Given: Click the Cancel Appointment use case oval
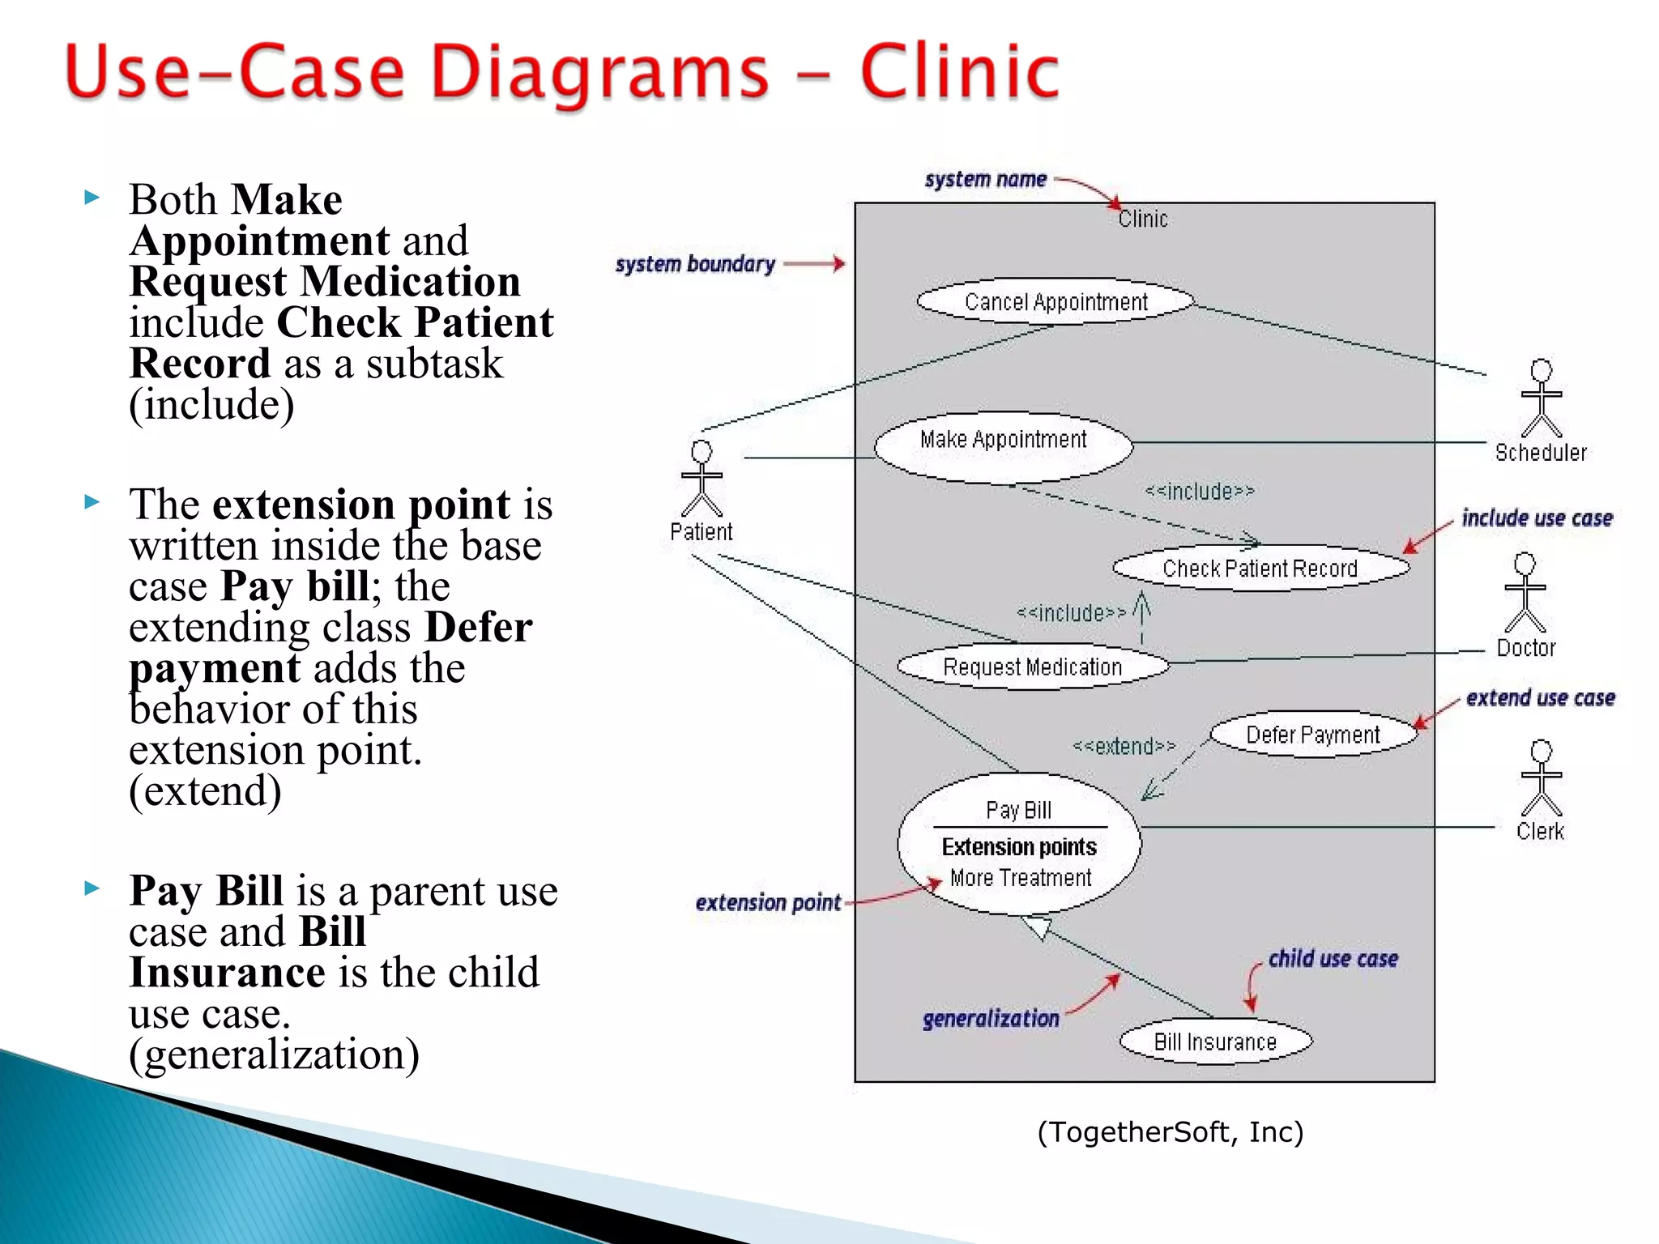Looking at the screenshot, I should [1056, 301].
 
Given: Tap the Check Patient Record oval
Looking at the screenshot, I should [1260, 568].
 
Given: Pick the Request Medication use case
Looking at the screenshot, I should [1032, 667].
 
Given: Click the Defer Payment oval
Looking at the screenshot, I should [1312, 735].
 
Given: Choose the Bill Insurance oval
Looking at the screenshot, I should [1214, 1042].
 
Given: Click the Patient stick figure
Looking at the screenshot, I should [702, 479].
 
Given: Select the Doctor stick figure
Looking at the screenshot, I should [1525, 593].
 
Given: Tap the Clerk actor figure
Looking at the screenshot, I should [1541, 778].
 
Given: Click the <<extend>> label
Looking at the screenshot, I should [1124, 746].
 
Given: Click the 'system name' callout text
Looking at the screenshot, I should [985, 179].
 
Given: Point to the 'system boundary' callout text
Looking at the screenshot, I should [695, 264].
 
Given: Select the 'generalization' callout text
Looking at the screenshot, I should [991, 1018].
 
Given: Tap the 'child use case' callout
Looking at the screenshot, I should [1333, 959].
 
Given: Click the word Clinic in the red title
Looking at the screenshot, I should [959, 73].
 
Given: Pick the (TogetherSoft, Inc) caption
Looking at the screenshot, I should [1170, 1131].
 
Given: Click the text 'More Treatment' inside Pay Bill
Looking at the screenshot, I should [1021, 878].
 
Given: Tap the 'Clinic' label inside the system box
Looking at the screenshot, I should [1143, 219].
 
